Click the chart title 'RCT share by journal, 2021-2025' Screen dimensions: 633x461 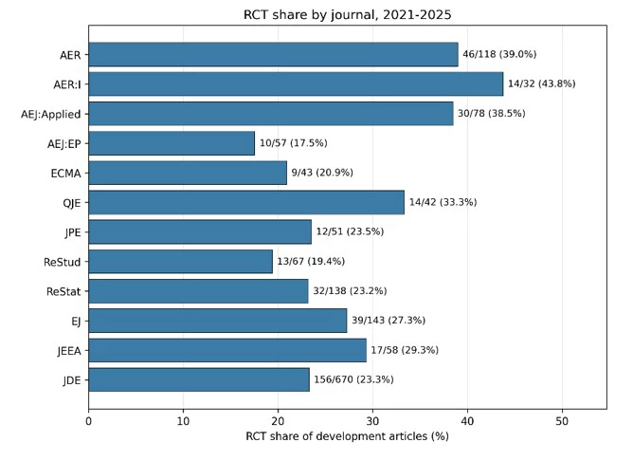[347, 15]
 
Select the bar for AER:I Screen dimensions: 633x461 [296, 84]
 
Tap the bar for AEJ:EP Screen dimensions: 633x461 [172, 143]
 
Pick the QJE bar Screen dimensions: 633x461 [246, 202]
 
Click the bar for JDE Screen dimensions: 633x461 [199, 379]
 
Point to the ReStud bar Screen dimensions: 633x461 [180, 262]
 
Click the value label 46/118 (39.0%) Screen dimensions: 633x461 [499, 54]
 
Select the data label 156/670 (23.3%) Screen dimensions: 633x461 [353, 379]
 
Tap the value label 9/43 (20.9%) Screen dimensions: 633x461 [322, 173]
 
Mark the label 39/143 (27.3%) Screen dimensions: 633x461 [389, 321]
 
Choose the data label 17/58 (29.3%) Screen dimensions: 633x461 [405, 350]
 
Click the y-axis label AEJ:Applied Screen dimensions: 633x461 [51, 115]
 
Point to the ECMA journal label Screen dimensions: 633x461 [65, 174]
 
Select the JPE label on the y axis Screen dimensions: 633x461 [73, 232]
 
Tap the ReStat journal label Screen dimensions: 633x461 [63, 291]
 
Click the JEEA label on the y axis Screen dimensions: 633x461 [69, 351]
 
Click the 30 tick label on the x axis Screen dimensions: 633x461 [372, 421]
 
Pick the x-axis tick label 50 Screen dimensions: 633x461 [562, 421]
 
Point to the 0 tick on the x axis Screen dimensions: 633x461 [89, 421]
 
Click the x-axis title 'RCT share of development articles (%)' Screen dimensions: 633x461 [347, 436]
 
